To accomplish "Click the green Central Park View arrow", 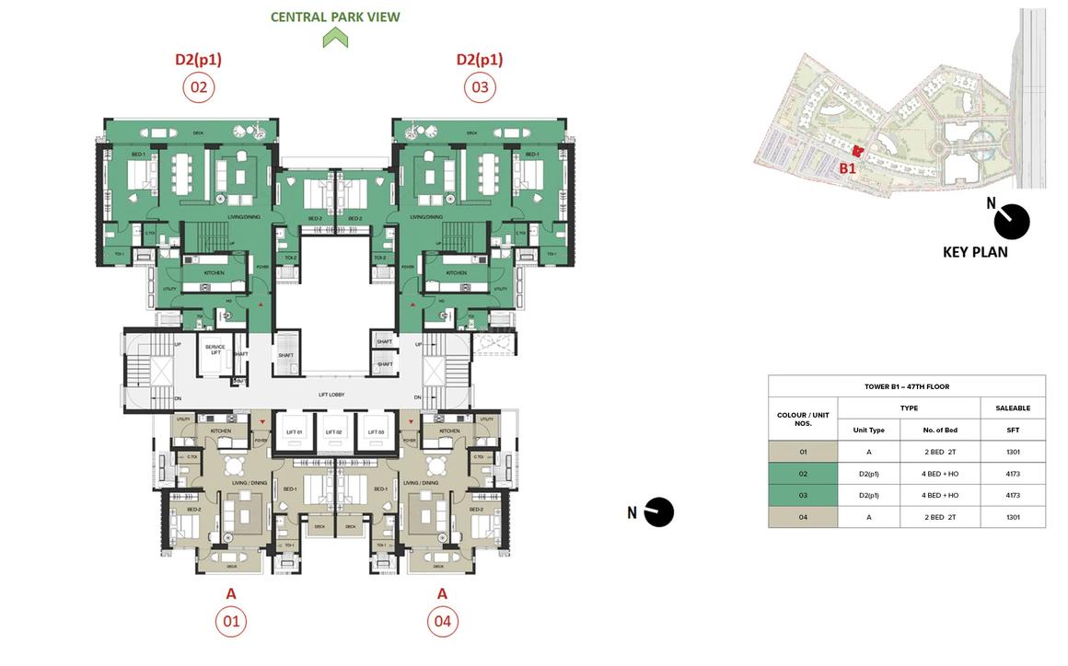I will point(335,38).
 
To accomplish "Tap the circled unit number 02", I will point(198,87).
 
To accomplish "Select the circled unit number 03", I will point(480,87).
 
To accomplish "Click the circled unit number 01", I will point(231,621).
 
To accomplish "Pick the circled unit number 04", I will point(442,621).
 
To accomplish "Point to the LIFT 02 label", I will point(333,431).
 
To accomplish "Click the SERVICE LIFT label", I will point(215,350).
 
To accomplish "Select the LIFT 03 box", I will point(374,431).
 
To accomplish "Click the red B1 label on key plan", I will point(847,169).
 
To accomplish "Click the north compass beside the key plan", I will point(1012,222).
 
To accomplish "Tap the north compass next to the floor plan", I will point(658,512).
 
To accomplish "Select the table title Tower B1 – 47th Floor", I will point(907,386).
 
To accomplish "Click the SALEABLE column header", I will point(1013,408).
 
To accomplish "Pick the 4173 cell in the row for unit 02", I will point(1013,474).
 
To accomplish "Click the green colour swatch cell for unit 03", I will point(803,495).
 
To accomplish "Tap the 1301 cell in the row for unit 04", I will point(1013,517).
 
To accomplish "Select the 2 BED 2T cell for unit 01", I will point(940,452).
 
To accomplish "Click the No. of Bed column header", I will point(940,430).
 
